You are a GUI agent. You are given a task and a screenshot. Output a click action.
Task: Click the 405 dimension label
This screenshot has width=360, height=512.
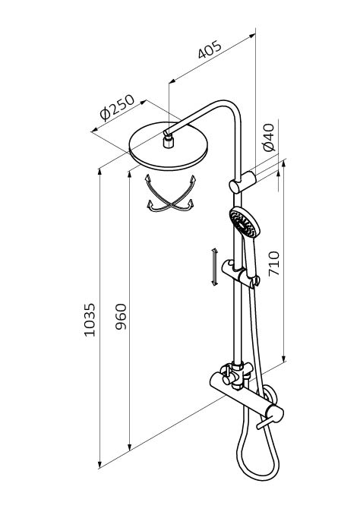[210, 49]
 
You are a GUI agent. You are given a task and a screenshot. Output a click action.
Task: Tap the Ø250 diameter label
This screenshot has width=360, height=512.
[117, 108]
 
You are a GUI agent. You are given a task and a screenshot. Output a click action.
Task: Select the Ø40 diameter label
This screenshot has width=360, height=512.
[269, 137]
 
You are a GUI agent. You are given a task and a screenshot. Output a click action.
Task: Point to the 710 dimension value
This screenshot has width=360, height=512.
[273, 264]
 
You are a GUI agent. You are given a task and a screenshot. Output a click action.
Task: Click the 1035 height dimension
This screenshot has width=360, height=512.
[89, 320]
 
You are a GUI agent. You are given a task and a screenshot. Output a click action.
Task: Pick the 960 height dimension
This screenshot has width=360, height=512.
[121, 317]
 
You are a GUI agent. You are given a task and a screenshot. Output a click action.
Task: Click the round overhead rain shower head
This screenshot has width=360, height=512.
[169, 146]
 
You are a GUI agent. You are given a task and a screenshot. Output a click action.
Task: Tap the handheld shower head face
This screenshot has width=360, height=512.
[242, 223]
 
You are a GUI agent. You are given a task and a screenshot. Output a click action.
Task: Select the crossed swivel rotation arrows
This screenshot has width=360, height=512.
[171, 194]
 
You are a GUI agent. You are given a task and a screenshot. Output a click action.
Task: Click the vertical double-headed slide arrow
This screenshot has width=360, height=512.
[214, 267]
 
